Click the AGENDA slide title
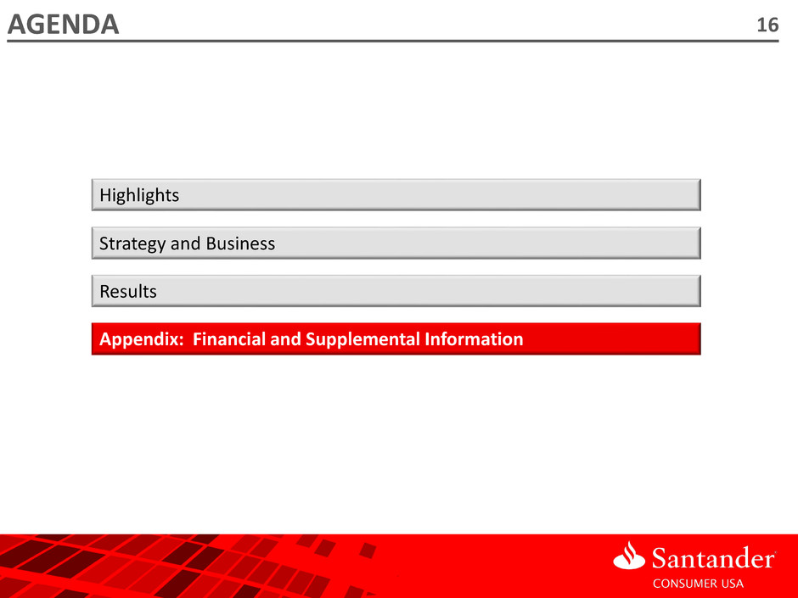63,25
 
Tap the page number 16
767,25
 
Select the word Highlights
139,195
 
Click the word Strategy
132,244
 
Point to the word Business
240,243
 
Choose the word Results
127,292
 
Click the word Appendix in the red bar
138,339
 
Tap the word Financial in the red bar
229,338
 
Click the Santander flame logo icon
629,555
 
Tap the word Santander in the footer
712,558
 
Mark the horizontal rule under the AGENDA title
393,41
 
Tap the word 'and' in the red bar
285,338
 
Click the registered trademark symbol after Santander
774,550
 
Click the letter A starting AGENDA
18,25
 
